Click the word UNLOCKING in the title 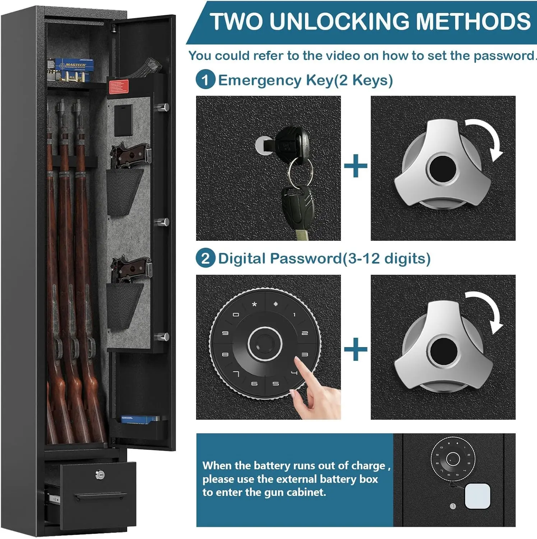[x=339, y=22]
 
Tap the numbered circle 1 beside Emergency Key [x=205, y=80]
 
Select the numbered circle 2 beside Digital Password [x=205, y=258]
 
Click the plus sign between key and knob [x=356, y=166]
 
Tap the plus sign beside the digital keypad [x=356, y=349]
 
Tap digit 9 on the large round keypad [x=225, y=333]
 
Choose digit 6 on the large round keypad [x=254, y=384]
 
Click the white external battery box [x=477, y=496]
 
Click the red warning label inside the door [x=119, y=87]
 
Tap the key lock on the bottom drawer [x=100, y=475]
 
